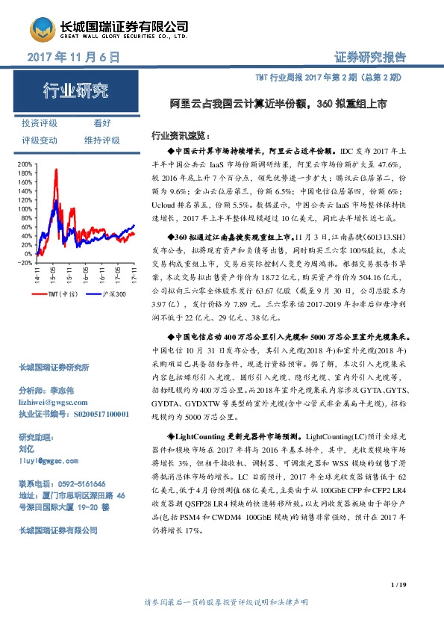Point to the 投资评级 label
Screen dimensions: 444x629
40,123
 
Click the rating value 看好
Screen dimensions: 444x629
102,123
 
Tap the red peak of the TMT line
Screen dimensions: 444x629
57,171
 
